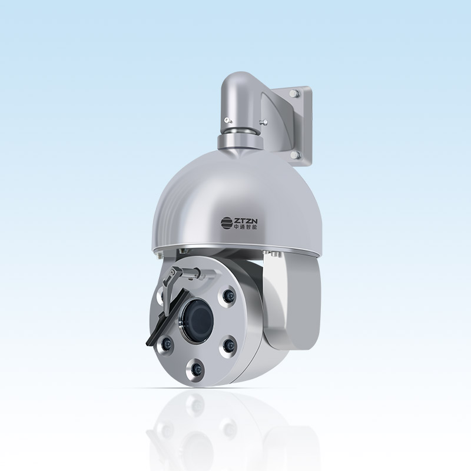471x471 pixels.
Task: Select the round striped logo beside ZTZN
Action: [x=227, y=223]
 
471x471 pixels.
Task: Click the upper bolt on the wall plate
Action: [x=295, y=93]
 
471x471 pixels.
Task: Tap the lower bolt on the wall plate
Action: [x=296, y=155]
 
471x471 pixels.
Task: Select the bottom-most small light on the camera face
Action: [x=196, y=367]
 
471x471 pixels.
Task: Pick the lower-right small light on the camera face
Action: [x=228, y=345]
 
